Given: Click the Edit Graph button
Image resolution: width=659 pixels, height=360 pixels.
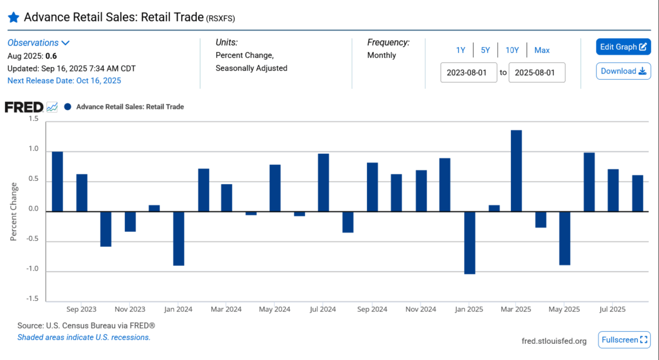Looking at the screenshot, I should [x=623, y=47].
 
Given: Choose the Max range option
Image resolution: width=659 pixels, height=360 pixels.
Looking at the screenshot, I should [x=542, y=50].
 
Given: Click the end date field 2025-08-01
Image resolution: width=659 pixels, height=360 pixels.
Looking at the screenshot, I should [x=537, y=72].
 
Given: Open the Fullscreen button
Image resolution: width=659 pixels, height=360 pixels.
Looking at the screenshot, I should [x=624, y=339].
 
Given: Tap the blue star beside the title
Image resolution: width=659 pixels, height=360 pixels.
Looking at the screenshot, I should [x=13, y=17].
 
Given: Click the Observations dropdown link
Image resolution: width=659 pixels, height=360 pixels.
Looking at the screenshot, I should [x=38, y=43].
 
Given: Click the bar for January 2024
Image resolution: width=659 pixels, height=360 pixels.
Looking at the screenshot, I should [x=179, y=238].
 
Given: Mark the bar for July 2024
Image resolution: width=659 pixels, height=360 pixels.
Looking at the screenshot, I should [x=324, y=182].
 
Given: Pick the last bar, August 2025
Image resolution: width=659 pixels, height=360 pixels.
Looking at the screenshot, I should [x=637, y=193].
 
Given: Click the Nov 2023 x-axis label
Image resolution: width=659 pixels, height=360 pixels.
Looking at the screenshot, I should [x=130, y=310].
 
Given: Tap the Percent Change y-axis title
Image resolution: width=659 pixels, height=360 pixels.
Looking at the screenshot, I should [x=14, y=211].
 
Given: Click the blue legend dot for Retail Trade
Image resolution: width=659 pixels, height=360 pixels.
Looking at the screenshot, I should [x=68, y=107].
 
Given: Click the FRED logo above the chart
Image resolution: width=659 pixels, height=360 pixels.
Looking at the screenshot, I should [x=24, y=107].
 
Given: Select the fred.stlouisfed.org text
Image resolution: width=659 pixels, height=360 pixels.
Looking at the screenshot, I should [x=554, y=341].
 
